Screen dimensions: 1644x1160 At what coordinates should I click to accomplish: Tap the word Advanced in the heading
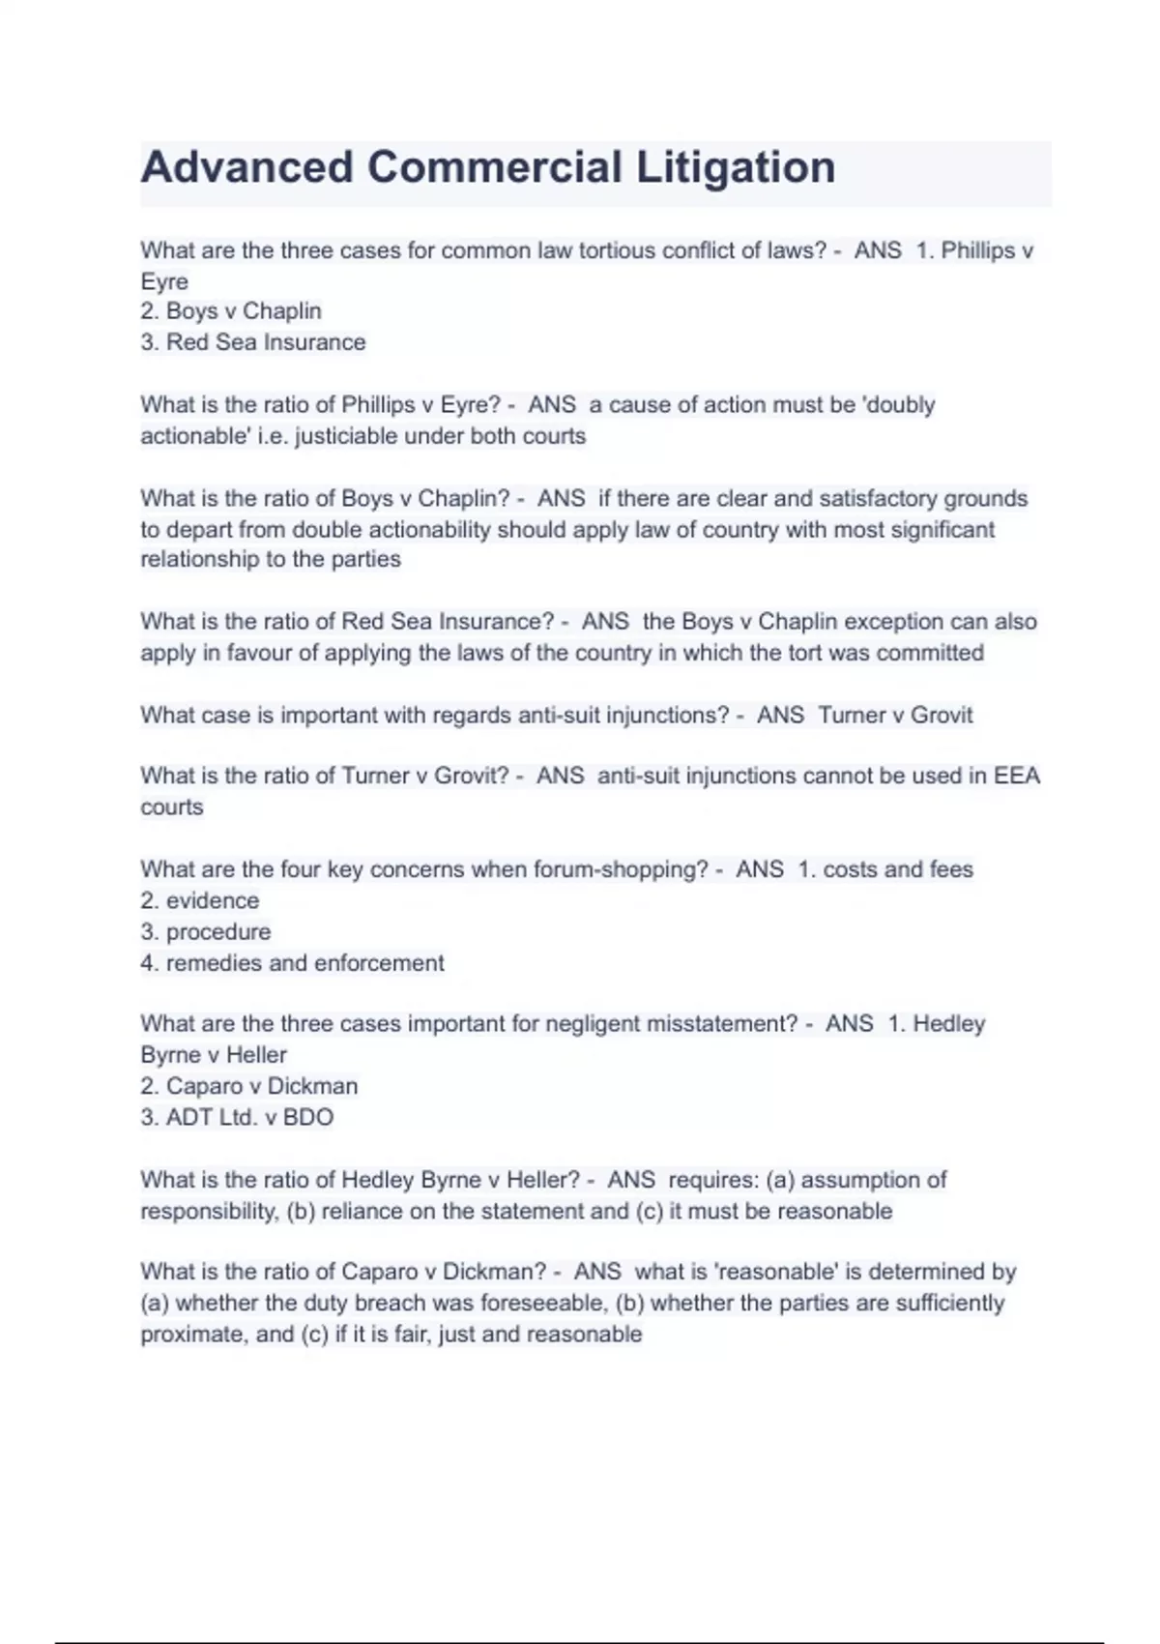(x=246, y=167)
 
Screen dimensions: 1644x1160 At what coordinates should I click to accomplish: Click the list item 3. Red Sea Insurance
(x=253, y=342)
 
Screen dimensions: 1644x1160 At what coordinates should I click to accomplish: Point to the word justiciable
(x=346, y=436)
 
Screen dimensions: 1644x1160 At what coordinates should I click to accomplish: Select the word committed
(x=930, y=653)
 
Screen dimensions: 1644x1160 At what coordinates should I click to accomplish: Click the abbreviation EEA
(x=1017, y=776)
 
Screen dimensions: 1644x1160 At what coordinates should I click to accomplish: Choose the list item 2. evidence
(x=200, y=900)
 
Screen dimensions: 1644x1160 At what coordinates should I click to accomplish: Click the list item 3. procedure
(x=206, y=932)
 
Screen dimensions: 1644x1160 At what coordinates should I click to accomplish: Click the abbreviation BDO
(x=308, y=1118)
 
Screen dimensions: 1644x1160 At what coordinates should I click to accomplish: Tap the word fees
(x=951, y=869)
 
